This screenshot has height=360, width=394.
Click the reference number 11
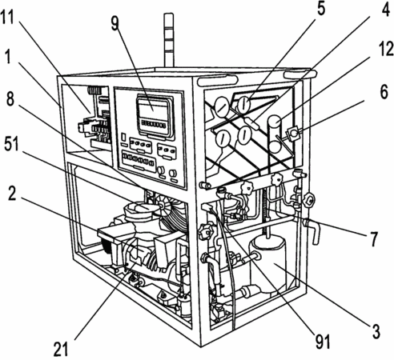[x=7, y=18]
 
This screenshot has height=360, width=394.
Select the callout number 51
[x=11, y=145]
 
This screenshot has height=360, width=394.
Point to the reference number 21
[x=61, y=349]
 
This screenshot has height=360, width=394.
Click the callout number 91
[x=323, y=342]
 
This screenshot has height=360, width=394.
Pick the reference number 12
[x=386, y=49]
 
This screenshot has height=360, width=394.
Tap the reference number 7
[x=374, y=238]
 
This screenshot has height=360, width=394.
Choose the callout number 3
[x=376, y=331]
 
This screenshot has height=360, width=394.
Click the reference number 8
[x=10, y=99]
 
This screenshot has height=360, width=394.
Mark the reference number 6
[x=384, y=92]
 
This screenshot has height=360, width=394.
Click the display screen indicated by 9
[x=154, y=115]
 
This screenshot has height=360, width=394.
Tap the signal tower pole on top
[x=169, y=40]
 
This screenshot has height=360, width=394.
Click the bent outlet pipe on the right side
[x=313, y=230]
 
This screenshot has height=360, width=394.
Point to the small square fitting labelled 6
[x=293, y=133]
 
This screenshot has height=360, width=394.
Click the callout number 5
[x=320, y=9]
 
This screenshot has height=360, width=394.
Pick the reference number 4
[x=385, y=11]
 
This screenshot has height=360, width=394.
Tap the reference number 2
[x=12, y=194]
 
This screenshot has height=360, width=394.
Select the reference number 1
[x=8, y=57]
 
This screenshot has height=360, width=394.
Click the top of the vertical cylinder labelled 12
[x=275, y=122]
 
